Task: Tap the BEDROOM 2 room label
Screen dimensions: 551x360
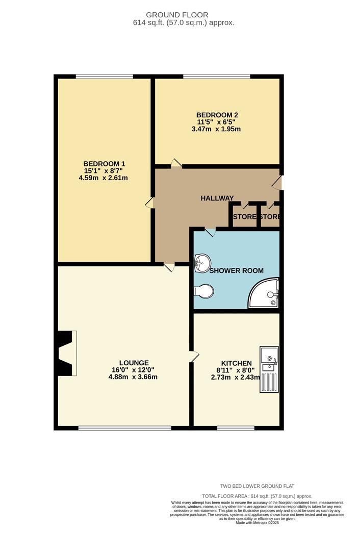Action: point(217,115)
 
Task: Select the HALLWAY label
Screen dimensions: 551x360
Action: point(217,198)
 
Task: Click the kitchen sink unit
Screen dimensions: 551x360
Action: point(269,369)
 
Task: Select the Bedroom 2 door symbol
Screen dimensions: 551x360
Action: point(176,163)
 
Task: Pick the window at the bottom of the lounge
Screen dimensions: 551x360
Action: point(125,428)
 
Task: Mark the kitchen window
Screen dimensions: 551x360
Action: point(236,428)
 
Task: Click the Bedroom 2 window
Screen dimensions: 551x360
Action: point(217,77)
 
